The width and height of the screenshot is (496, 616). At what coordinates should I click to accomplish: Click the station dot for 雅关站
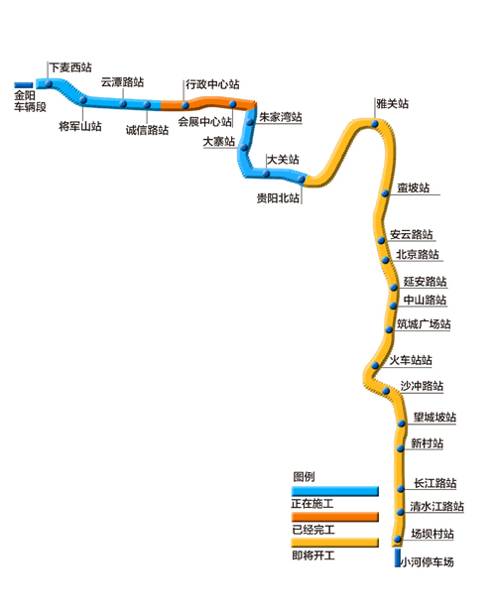tap(375, 124)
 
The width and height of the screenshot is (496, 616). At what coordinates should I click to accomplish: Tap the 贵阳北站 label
tap(278, 198)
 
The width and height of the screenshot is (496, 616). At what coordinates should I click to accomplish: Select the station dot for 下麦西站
tap(49, 83)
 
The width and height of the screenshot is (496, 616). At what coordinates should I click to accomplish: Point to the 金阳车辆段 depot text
tap(30, 101)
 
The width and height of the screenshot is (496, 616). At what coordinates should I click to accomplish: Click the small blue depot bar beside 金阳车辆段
tap(24, 85)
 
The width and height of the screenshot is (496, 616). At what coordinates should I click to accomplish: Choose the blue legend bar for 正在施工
tap(335, 491)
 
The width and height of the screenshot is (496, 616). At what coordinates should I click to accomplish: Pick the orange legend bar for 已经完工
tap(335, 517)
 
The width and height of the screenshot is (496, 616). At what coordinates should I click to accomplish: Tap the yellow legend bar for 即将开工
tap(335, 543)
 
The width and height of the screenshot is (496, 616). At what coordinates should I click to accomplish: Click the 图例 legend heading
tap(304, 476)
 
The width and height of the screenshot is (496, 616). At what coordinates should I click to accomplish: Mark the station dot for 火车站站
tap(375, 365)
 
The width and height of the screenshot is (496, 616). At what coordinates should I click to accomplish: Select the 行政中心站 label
tap(212, 84)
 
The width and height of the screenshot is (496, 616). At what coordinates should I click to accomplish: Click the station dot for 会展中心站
tap(233, 104)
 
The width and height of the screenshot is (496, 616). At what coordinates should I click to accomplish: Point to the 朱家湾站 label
tap(280, 117)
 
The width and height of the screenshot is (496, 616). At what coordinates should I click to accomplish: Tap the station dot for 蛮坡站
tap(385, 193)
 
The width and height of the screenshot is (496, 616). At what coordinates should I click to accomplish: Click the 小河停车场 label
tap(428, 561)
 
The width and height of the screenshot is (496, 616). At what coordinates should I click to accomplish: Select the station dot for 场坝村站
tap(398, 539)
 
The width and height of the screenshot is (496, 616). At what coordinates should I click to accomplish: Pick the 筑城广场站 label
tap(424, 324)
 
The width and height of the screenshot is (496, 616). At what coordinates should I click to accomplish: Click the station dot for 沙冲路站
tap(386, 391)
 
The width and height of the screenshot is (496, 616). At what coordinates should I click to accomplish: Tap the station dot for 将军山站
tap(83, 100)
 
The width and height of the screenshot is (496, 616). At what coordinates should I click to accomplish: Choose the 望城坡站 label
tap(434, 417)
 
